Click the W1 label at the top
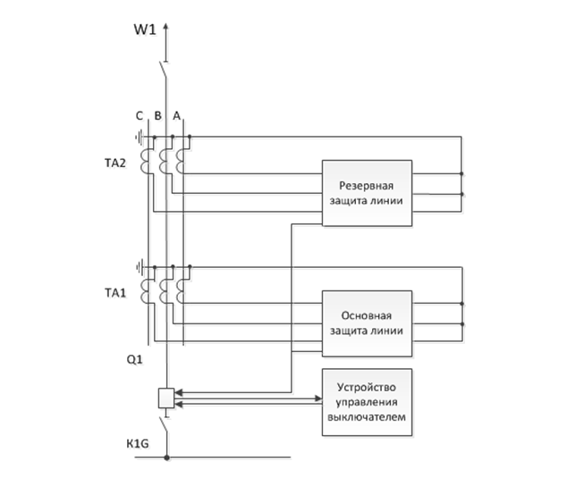tap(145, 29)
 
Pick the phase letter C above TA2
tap(139, 115)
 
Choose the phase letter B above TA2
tap(157, 115)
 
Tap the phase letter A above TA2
tap(176, 115)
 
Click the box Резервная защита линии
tap(368, 193)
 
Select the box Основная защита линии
tap(368, 323)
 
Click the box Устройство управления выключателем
tap(368, 402)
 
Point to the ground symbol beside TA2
tap(140, 138)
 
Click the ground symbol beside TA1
tap(140, 266)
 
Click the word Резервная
tap(367, 186)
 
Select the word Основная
tap(367, 315)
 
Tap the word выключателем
tap(368, 417)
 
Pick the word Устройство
tap(368, 387)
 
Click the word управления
tap(368, 402)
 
